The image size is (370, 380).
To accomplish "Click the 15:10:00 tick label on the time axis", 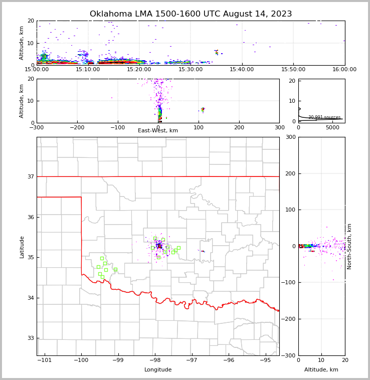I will [88, 70].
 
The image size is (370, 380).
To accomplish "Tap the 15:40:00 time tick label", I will [242, 70].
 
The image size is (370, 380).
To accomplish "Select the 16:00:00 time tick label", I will [344, 70].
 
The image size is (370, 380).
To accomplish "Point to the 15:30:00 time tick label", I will [191, 70].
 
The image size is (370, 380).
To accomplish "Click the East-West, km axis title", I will [158, 131].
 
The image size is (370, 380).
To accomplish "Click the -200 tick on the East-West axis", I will [77, 127].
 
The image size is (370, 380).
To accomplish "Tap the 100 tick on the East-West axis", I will [199, 127].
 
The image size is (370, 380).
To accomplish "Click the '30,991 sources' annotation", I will [324, 117].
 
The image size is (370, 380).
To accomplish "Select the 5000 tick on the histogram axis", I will [332, 127].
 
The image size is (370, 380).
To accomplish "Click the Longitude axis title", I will [158, 370].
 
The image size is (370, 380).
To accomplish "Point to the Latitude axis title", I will [22, 247].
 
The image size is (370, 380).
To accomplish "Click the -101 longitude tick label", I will [45, 360].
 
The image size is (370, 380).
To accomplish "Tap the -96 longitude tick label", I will [229, 360].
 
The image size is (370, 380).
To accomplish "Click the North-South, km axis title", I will [349, 246].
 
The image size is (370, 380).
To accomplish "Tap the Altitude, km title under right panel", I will [321, 370].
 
